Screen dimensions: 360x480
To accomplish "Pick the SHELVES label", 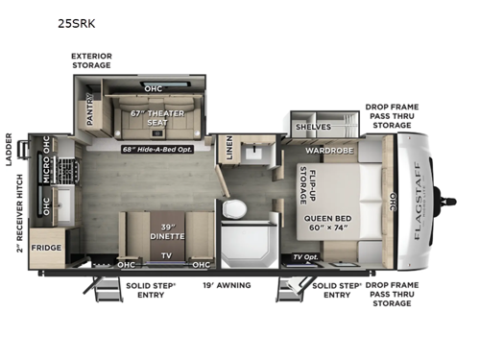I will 313,126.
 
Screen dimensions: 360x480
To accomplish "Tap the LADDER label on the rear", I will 9,150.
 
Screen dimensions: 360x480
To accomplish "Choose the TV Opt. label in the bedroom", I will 305,257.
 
